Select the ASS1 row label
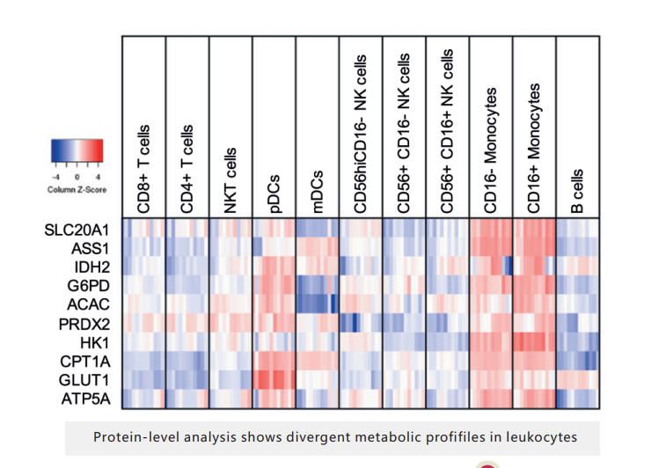(x=91, y=248)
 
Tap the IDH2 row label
(x=92, y=266)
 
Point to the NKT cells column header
(x=230, y=179)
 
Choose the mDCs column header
(x=316, y=190)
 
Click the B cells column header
(x=576, y=189)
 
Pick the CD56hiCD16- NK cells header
(x=360, y=132)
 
